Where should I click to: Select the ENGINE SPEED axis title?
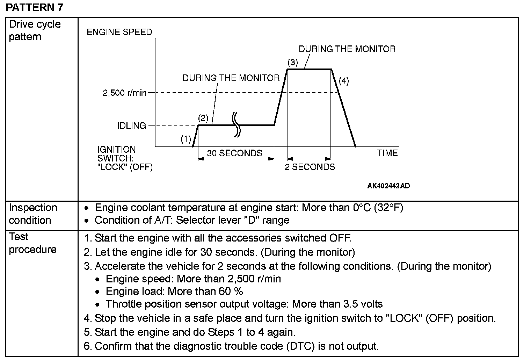point(119,32)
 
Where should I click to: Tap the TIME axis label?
point(387,153)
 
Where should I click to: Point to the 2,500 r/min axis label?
point(124,93)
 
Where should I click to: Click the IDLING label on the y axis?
point(132,126)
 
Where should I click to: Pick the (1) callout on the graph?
point(186,139)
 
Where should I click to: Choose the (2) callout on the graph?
point(203,117)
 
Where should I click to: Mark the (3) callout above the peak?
point(292,63)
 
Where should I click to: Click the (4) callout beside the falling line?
point(344,81)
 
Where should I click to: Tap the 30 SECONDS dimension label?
point(234,153)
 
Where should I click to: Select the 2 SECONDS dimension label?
point(310,167)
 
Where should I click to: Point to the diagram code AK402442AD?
point(388,186)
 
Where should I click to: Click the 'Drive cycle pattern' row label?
point(35,30)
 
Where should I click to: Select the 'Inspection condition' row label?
point(33,214)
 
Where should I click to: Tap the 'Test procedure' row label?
point(32,243)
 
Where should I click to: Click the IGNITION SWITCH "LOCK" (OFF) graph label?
point(125,159)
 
